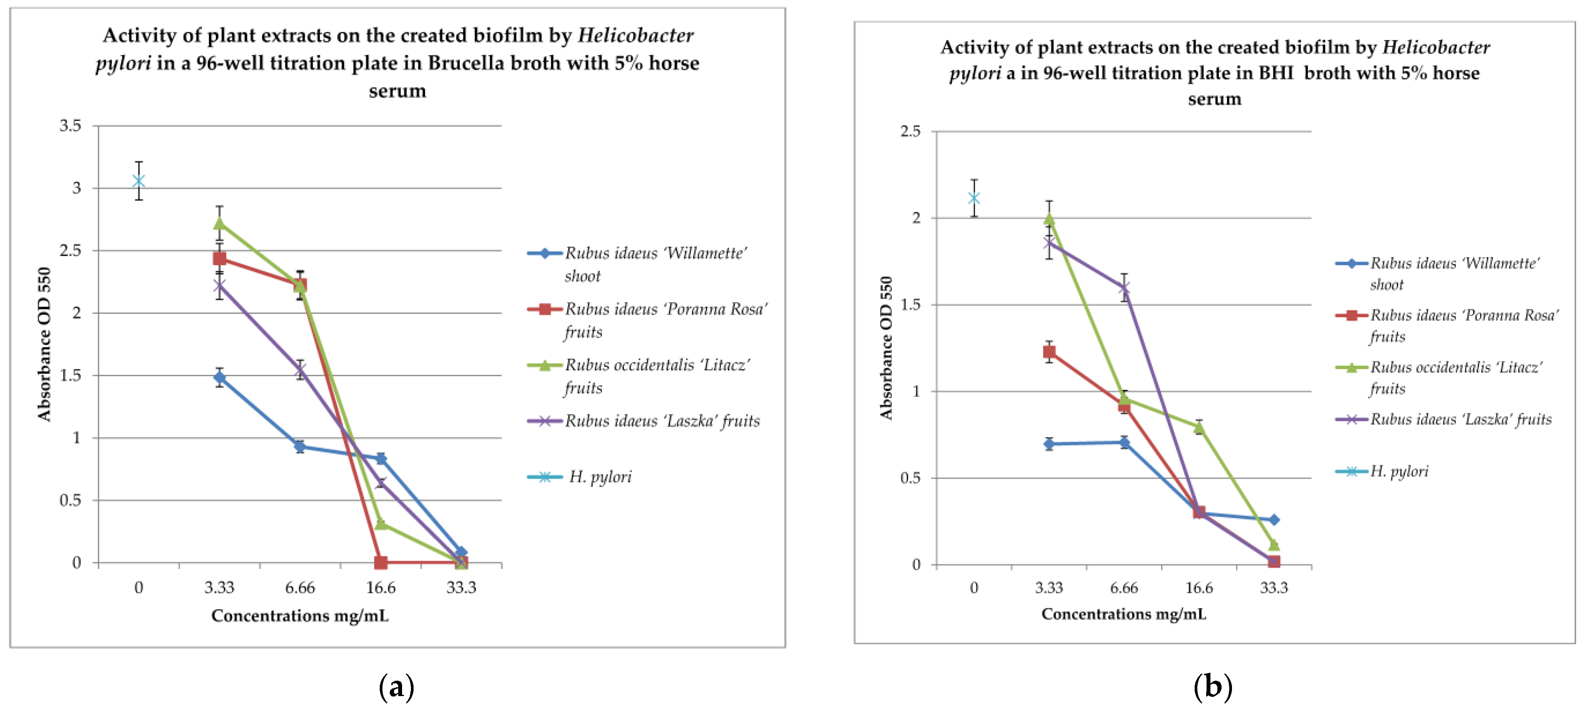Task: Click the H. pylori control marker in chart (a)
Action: tap(139, 181)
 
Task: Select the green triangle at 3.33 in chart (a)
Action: tap(220, 223)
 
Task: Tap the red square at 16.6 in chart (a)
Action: tap(381, 562)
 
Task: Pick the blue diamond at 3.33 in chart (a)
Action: tap(220, 377)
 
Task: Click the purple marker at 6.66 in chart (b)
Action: tap(1124, 288)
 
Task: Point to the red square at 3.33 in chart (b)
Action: tap(1049, 352)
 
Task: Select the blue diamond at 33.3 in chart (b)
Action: tap(1274, 520)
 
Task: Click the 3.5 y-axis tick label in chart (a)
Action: tap(70, 125)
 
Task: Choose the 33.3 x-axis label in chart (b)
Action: tap(1274, 588)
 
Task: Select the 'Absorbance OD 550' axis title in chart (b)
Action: tap(885, 348)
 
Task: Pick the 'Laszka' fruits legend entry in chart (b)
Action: tap(1460, 419)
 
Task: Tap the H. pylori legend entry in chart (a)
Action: tap(599, 477)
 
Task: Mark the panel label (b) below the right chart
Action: tap(1213, 686)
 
